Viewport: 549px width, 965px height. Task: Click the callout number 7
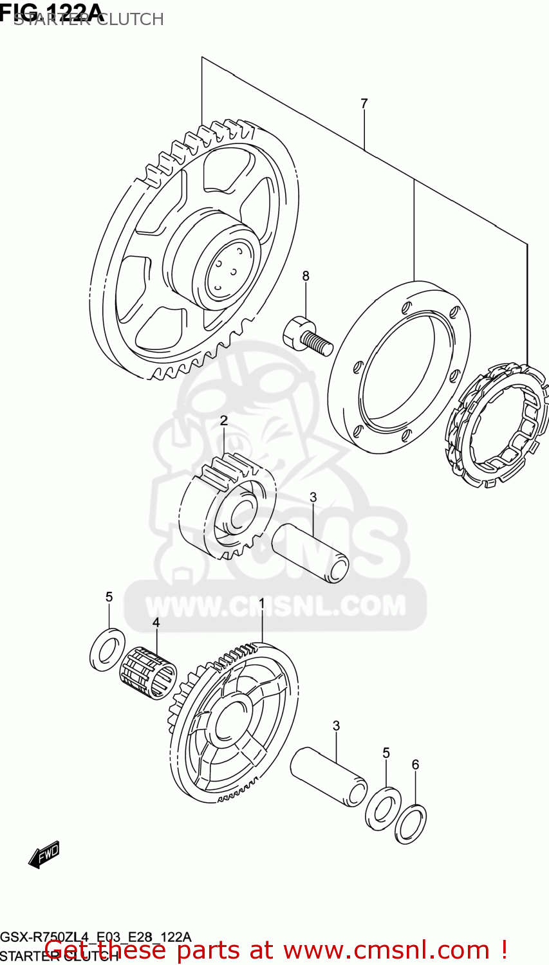pos(364,103)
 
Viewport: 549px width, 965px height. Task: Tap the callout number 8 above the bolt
pos(306,276)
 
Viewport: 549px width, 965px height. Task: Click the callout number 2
pos(223,421)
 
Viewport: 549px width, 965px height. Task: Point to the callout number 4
pos(156,622)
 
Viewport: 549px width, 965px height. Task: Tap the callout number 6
pos(415,764)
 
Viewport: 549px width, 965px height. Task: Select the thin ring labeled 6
pos(411,823)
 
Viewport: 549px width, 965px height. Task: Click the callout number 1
pos(262,604)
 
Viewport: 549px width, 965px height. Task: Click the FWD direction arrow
pos(44,854)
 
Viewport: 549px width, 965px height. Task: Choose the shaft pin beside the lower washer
pos(329,777)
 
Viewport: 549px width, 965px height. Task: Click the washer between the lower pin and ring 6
pos(383,807)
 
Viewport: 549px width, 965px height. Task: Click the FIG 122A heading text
pos(51,12)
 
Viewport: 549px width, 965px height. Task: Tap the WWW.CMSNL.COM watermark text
pos(275,606)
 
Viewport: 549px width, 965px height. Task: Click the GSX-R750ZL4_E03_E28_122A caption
pos(96,937)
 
